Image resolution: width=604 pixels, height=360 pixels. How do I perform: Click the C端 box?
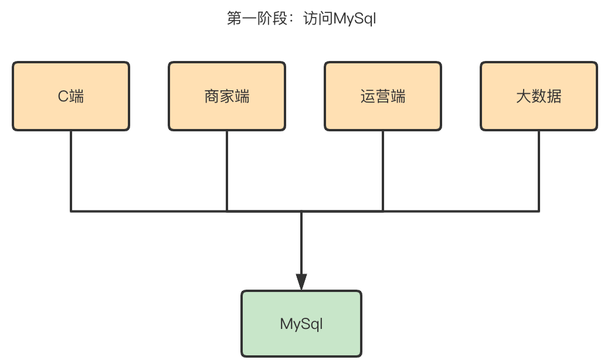click(70, 96)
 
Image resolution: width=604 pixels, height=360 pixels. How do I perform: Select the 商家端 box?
click(227, 96)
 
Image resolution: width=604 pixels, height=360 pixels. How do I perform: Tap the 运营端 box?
click(383, 96)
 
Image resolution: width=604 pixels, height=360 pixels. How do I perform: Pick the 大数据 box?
click(539, 96)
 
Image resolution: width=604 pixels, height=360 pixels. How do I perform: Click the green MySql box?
click(301, 324)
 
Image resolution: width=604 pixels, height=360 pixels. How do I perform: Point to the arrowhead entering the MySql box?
click(301, 282)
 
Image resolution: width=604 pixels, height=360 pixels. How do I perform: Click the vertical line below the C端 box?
click(71, 170)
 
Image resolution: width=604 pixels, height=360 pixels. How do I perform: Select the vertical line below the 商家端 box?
click(227, 170)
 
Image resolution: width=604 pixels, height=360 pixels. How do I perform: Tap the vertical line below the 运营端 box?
click(383, 170)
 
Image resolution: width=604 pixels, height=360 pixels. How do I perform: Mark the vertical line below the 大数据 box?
click(539, 170)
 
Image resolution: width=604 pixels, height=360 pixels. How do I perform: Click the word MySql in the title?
click(355, 19)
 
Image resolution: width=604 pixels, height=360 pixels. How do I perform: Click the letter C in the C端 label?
click(63, 96)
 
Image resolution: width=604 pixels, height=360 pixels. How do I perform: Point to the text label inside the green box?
click(301, 324)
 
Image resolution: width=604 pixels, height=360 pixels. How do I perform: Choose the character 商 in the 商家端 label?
click(212, 96)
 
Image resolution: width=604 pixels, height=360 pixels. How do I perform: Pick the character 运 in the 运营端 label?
click(368, 96)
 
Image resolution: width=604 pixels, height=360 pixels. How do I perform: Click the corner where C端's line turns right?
click(71, 210)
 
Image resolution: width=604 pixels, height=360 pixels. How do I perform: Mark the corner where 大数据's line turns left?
click(539, 210)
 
